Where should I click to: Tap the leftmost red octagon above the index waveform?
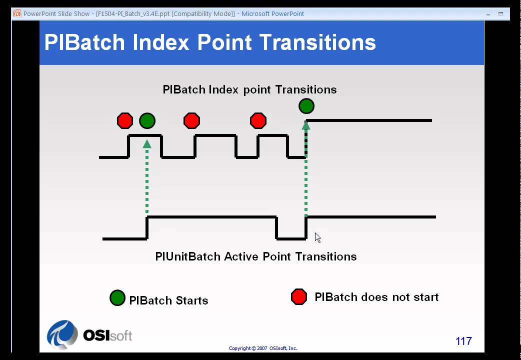125,120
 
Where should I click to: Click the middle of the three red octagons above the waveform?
191,120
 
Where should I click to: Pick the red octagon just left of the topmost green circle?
258,120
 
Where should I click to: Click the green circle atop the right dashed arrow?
306,106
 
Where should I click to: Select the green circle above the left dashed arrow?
147,120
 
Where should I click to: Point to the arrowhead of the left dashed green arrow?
147,144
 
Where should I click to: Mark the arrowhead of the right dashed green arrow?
306,125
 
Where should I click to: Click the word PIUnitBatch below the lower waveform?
187,256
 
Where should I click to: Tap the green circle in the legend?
117,298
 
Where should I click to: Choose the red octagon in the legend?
299,296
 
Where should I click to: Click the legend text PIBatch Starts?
168,300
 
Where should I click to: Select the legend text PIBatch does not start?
376,297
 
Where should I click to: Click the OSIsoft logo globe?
62,334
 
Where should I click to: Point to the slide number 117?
463,341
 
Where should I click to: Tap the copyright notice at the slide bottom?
263,348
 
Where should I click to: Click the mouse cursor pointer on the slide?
317,237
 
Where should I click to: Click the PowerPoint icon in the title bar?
17,13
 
